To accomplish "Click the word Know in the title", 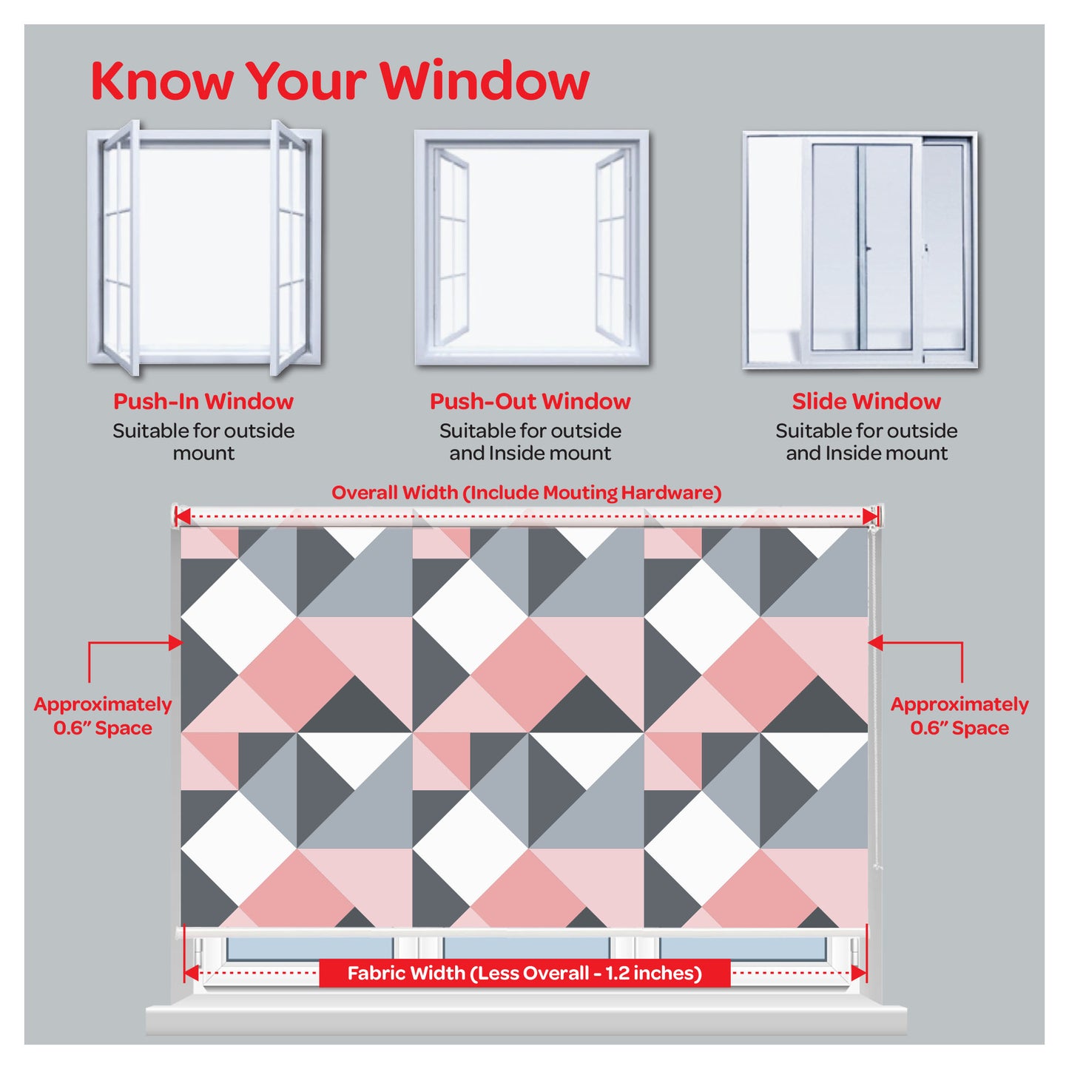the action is click(x=161, y=81).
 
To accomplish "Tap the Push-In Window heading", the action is click(x=203, y=402).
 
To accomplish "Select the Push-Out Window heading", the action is click(x=530, y=402).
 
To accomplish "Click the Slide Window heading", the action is click(x=866, y=402).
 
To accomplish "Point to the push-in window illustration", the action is click(x=204, y=247).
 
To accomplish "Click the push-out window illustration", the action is click(x=531, y=248).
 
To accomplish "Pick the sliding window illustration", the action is click(x=860, y=250).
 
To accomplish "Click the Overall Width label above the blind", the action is click(x=526, y=493).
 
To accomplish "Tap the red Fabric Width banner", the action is click(x=525, y=973).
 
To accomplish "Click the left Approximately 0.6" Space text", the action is click(x=103, y=715).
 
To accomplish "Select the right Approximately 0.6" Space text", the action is click(x=960, y=715).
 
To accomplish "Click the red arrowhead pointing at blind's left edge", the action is click(x=175, y=643).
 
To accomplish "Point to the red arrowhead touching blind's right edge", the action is click(x=875, y=643).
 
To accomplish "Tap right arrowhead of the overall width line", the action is click(x=870, y=517).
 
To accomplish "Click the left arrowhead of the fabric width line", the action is click(x=192, y=973).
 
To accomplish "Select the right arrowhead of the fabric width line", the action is click(x=857, y=973).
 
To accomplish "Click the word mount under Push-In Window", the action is click(x=203, y=453).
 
